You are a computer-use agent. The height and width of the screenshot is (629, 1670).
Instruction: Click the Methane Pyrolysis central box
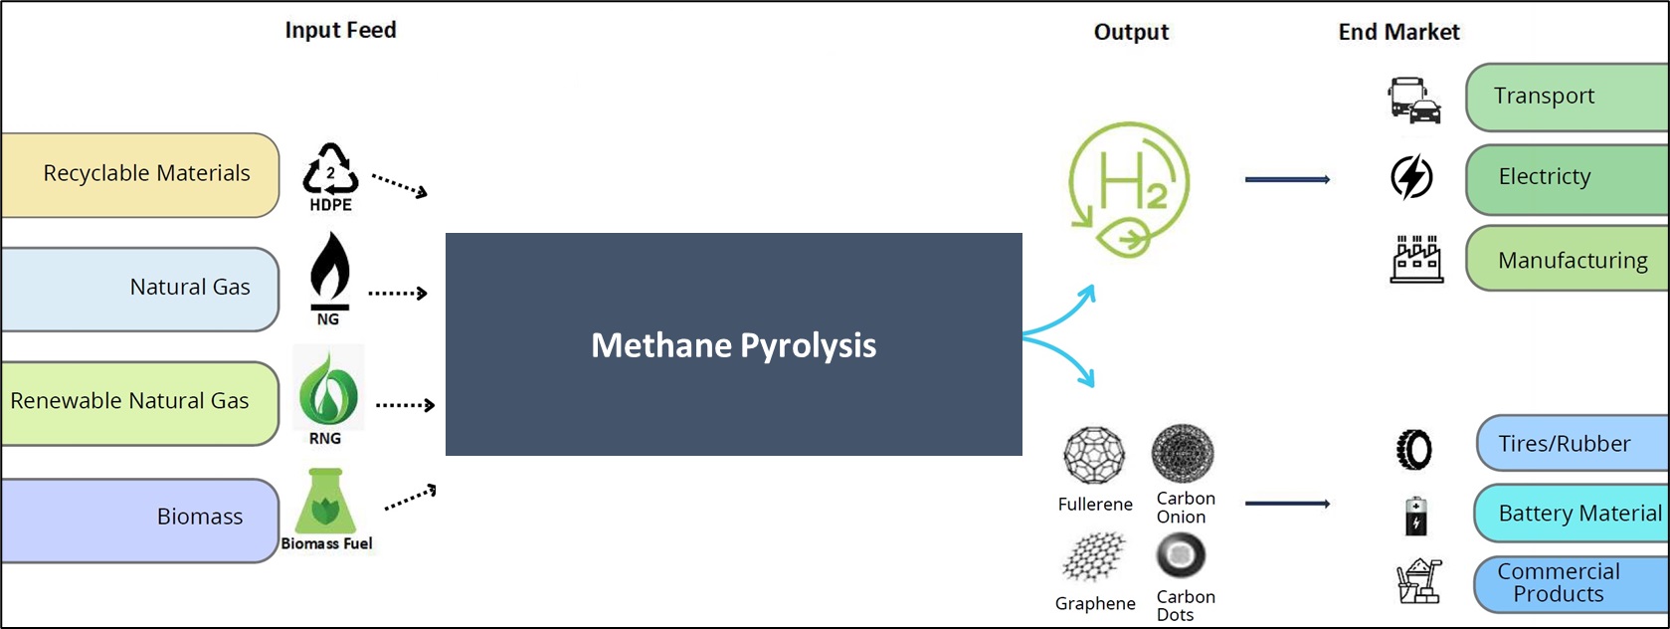tap(734, 344)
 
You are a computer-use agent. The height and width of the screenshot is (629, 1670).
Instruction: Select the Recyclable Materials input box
tap(140, 175)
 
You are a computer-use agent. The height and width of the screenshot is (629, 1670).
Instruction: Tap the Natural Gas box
tap(140, 290)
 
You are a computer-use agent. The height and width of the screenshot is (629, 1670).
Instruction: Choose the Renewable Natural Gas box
tap(140, 404)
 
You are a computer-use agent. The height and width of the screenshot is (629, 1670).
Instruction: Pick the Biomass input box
tap(140, 521)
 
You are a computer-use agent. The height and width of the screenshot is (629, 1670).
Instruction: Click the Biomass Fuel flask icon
tap(326, 501)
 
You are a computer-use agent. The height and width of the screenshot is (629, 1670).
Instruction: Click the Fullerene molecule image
tap(1094, 455)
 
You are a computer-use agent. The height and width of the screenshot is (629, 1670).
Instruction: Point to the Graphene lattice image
tap(1094, 556)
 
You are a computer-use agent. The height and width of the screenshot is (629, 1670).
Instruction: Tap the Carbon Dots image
tap(1181, 556)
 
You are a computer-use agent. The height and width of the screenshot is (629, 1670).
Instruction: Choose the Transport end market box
tap(1568, 97)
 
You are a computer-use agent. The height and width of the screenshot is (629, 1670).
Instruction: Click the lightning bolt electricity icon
tap(1411, 177)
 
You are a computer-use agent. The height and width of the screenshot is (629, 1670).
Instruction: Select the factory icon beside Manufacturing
tap(1416, 259)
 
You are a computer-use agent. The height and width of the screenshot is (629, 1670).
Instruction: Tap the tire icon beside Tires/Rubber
tap(1413, 449)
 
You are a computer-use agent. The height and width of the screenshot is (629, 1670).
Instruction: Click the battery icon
tap(1415, 517)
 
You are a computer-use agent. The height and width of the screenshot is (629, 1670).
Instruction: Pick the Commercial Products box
tap(1572, 584)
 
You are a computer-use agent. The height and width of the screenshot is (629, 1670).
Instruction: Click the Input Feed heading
tap(341, 30)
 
